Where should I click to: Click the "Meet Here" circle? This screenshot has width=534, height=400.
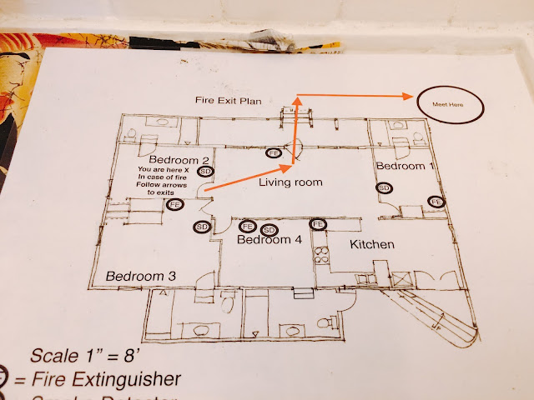point(451,105)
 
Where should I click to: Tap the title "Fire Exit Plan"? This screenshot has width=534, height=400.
point(228,101)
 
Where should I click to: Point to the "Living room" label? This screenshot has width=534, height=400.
point(290,182)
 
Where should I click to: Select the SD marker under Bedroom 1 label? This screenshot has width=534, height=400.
point(385,188)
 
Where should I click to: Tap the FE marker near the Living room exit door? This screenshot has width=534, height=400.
point(274,153)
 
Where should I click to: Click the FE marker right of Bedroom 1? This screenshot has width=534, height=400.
point(435,202)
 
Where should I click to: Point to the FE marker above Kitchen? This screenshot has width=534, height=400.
point(318,223)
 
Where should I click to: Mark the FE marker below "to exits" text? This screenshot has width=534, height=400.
point(174,205)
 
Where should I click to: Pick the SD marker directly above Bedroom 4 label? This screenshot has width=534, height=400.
point(269,230)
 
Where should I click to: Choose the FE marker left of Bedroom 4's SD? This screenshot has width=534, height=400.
point(248,226)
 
